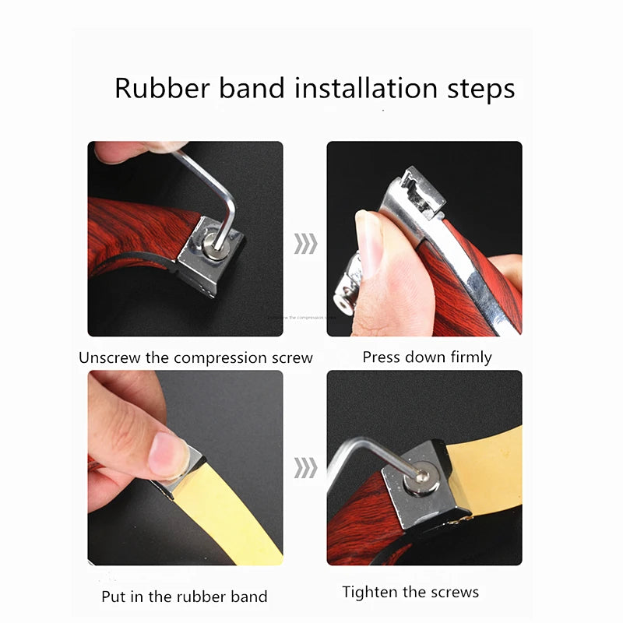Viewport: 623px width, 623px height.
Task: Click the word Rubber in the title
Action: click(x=159, y=87)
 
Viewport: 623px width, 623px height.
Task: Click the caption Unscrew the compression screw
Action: click(x=195, y=358)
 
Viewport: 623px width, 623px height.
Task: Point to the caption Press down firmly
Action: click(x=427, y=357)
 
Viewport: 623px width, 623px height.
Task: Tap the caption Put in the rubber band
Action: click(x=185, y=597)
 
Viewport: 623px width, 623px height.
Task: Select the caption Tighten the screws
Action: click(x=410, y=593)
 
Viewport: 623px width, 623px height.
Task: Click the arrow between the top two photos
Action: click(x=305, y=244)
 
